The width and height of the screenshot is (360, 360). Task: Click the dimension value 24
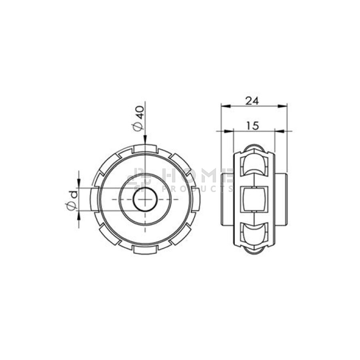[252, 100]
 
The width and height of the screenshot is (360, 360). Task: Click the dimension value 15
[252, 126]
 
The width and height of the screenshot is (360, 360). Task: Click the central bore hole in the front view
[145, 199]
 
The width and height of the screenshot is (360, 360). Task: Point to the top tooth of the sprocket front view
[145, 148]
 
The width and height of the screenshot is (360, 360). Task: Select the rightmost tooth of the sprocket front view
[196, 199]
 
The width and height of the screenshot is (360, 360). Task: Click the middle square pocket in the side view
[254, 199]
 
